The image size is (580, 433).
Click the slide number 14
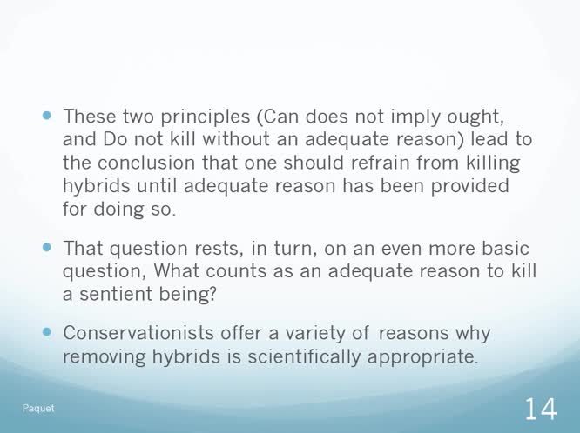point(542,406)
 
